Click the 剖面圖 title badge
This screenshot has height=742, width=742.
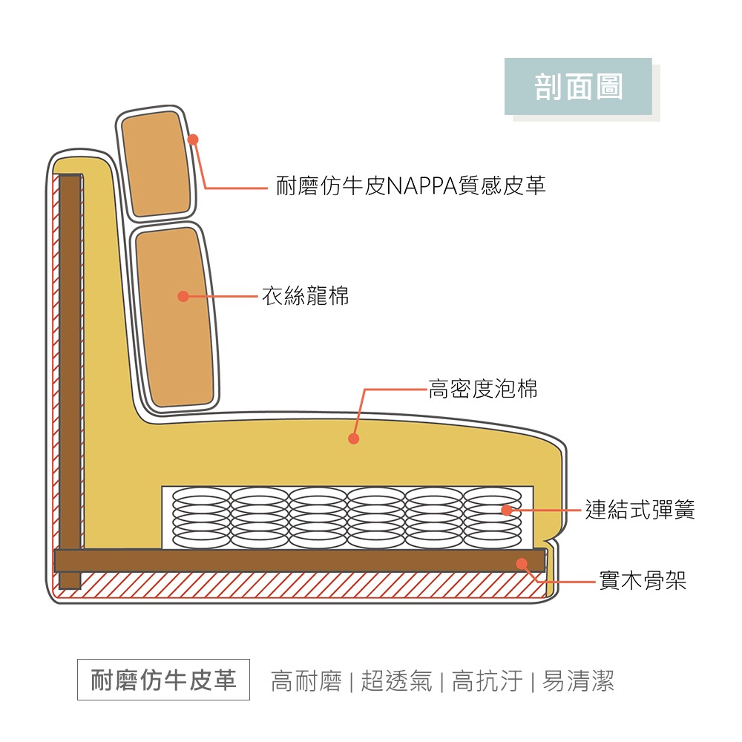578,87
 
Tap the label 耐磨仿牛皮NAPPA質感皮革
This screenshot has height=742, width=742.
411,185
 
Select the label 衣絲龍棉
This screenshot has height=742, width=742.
305,297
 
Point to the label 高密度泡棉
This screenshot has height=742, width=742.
483,388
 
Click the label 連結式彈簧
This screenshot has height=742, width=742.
640,510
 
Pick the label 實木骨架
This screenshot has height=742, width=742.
643,581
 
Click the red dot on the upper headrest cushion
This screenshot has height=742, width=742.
193,139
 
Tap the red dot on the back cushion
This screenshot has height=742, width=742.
183,297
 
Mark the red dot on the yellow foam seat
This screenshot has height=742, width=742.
354,439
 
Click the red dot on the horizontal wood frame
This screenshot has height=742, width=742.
522,563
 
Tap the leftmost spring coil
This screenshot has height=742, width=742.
201,517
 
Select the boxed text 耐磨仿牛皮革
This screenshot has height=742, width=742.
163,680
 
